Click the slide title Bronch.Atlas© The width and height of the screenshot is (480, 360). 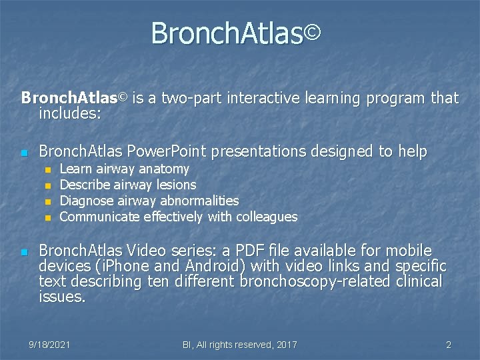coord(236,33)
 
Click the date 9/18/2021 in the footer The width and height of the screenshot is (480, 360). coord(50,345)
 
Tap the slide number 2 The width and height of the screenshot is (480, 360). coord(449,345)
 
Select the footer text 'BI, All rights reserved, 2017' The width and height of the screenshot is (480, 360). coord(239,345)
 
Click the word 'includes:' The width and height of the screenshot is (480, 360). coord(70,113)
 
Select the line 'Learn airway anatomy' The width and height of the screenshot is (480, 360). coord(124,169)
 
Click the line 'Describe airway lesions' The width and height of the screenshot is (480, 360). coord(128,185)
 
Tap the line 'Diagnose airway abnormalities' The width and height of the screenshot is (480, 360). coord(149,201)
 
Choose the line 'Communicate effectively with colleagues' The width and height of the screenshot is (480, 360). coord(178,217)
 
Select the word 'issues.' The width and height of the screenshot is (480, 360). coord(62,297)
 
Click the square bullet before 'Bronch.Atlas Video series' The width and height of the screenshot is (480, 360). coord(24,252)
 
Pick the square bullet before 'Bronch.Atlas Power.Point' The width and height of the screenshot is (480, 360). coord(24,153)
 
